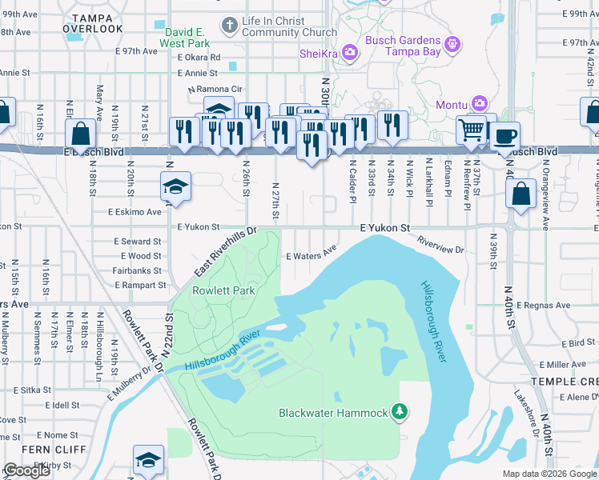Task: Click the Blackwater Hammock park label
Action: click(333, 413)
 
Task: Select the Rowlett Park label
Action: click(224, 290)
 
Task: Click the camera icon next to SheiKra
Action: click(350, 53)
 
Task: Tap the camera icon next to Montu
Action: click(479, 104)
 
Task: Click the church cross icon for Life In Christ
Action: click(229, 25)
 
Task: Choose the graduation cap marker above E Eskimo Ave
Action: click(176, 186)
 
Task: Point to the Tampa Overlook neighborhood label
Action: click(98, 22)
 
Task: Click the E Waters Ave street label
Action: click(312, 256)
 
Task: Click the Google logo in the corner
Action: click(26, 470)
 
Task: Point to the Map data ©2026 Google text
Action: click(549, 474)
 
